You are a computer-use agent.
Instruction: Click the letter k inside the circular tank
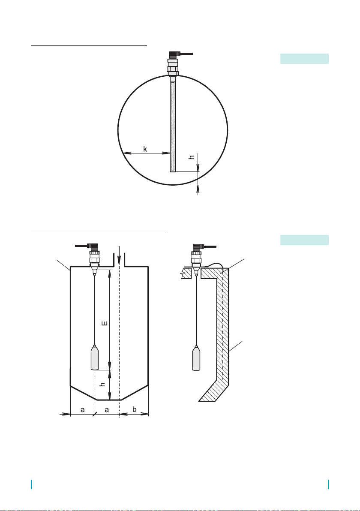point(145,149)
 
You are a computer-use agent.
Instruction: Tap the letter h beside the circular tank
point(192,157)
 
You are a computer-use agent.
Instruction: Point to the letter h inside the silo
point(102,385)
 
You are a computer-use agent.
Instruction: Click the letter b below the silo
point(135,409)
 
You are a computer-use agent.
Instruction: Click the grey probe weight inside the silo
point(94,358)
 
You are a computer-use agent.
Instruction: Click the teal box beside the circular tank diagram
point(304,59)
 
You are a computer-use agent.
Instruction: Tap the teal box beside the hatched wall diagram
point(304,240)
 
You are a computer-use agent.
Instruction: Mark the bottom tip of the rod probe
point(173,172)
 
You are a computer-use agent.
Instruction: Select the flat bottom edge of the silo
point(108,400)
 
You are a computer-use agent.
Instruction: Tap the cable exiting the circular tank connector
point(186,54)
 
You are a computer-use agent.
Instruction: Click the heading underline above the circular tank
point(89,46)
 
